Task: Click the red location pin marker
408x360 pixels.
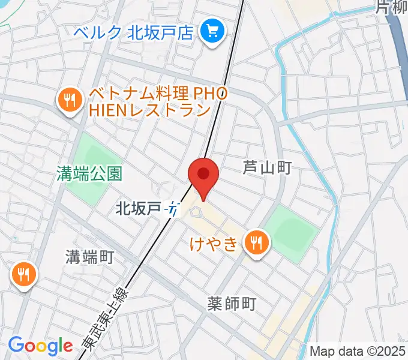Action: click(x=203, y=175)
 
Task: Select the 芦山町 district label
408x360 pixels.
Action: click(x=267, y=167)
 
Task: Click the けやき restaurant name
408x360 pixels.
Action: click(x=215, y=243)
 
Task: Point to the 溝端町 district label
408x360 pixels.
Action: click(x=89, y=257)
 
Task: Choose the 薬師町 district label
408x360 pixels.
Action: click(x=232, y=304)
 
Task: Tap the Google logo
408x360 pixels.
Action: click(x=40, y=346)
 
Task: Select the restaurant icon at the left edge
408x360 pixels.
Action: click(x=23, y=275)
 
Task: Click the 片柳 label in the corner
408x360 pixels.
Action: click(x=393, y=7)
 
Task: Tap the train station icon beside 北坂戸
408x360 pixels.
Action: click(x=174, y=209)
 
